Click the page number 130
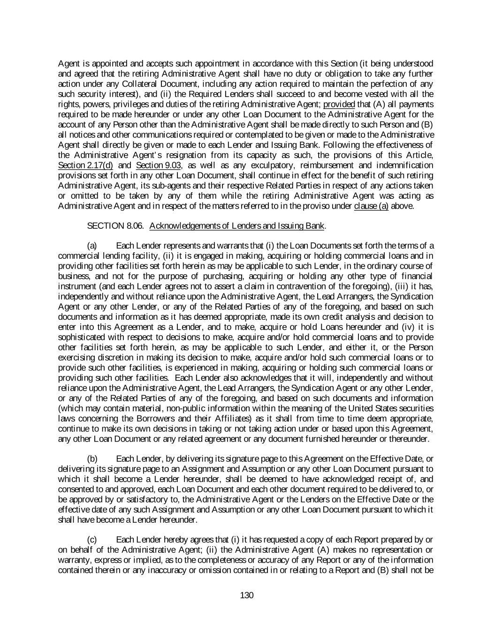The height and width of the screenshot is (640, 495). pyautogui.click(x=247, y=595)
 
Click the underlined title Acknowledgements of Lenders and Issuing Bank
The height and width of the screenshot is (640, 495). pyautogui.click(x=237, y=226)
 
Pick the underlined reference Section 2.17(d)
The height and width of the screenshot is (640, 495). pyautogui.click(x=85, y=165)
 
